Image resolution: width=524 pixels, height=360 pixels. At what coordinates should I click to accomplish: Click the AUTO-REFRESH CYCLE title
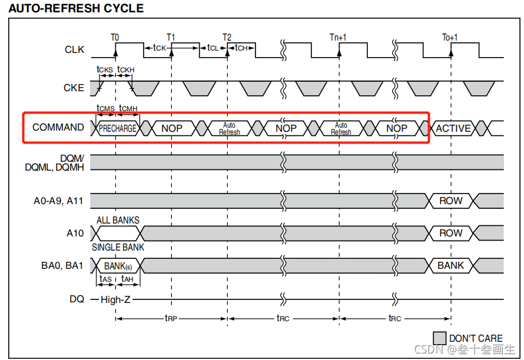click(x=76, y=8)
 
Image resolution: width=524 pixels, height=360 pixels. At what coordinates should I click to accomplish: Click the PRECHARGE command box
click(x=118, y=128)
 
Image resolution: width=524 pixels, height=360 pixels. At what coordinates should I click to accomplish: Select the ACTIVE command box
click(x=453, y=128)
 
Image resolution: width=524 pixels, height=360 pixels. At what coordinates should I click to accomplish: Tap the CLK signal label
click(x=74, y=49)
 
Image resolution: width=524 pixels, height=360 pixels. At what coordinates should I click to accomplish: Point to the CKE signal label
click(x=74, y=88)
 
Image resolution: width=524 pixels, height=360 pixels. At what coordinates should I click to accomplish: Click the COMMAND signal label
click(x=58, y=127)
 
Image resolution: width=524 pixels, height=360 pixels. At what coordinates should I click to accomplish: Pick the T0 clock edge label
click(x=115, y=38)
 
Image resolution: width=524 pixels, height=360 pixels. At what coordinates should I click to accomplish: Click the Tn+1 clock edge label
click(x=338, y=38)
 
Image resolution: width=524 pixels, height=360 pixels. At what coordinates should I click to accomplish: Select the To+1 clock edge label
click(x=450, y=38)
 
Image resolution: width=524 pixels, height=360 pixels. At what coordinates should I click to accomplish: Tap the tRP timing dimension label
click(x=171, y=318)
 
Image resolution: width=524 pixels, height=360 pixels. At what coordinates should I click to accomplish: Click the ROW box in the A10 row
click(x=450, y=233)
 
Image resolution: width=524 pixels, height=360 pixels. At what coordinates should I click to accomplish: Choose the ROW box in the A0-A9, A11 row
click(x=450, y=201)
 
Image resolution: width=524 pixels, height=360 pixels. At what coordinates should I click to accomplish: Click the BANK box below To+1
click(x=450, y=265)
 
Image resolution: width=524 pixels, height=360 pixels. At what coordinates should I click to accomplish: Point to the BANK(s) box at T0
click(x=118, y=266)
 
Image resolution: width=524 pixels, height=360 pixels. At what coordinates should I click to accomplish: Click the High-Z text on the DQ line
click(x=115, y=299)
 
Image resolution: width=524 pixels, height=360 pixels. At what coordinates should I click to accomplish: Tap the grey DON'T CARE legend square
click(x=439, y=338)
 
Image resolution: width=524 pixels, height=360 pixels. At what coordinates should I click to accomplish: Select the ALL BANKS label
click(x=118, y=221)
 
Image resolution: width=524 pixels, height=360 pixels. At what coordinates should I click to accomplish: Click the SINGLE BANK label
click(x=118, y=247)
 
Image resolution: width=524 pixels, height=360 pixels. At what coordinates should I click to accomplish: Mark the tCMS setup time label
click(x=105, y=108)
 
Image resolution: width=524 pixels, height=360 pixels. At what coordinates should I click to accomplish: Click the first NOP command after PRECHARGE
click(x=172, y=128)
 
